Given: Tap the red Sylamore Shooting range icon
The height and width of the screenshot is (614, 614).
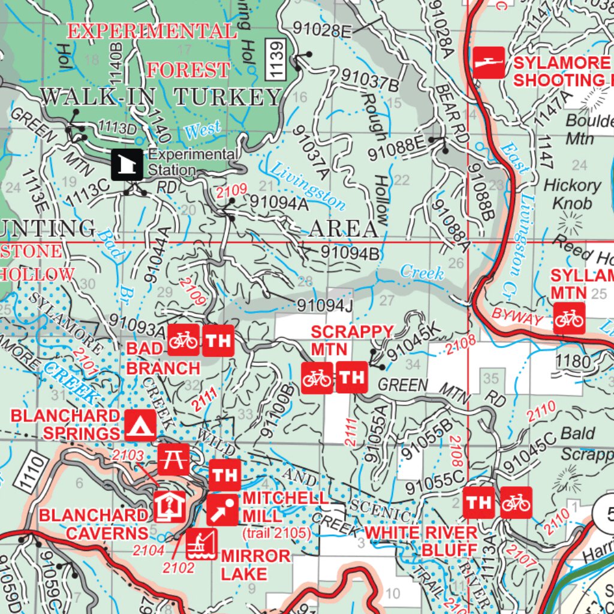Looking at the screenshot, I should tap(489, 62).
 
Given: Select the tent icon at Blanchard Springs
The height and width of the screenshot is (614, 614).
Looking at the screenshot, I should tap(140, 425).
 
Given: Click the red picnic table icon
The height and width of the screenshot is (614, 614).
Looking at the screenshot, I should tap(173, 459).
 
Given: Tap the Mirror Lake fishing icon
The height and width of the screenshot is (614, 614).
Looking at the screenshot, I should tap(201, 544).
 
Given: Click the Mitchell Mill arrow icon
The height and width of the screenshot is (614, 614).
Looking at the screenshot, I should tap(222, 510).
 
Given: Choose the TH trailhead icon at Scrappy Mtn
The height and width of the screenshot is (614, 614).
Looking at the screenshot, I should tap(351, 377).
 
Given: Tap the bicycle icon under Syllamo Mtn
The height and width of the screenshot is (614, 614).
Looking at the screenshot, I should tap(568, 318).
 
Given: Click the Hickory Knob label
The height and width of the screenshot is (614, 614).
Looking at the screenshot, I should tap(572, 194).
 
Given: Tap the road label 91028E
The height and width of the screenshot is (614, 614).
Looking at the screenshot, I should tap(322, 30).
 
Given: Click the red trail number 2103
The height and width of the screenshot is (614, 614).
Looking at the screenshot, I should tap(128, 456).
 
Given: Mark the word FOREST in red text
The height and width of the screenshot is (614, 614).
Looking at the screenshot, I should tap(188, 70).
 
